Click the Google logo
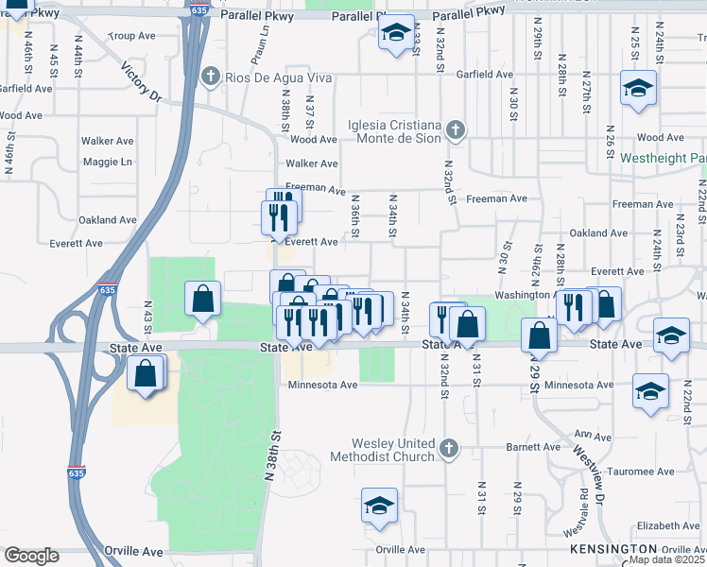click(x=31, y=556)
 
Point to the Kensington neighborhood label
click(x=613, y=548)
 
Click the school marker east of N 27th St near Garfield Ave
click(x=638, y=89)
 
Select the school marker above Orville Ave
click(x=379, y=506)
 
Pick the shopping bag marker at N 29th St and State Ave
click(x=539, y=335)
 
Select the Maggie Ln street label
click(x=107, y=162)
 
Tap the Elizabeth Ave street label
click(x=667, y=525)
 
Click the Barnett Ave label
click(x=533, y=447)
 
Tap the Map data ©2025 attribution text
click(x=667, y=559)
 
